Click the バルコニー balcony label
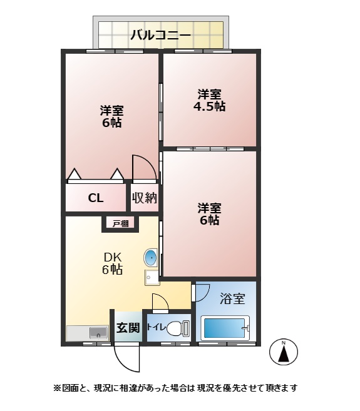(160, 34)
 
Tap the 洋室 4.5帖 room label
(209, 100)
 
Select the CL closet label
(96, 199)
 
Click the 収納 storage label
(144, 198)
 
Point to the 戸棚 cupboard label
(121, 223)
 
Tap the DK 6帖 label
(112, 263)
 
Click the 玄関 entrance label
(128, 328)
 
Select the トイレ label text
(156, 327)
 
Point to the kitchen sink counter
(88, 332)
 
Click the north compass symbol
(283, 353)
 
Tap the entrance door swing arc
(127, 357)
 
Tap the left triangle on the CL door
(74, 175)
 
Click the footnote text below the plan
(175, 388)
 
